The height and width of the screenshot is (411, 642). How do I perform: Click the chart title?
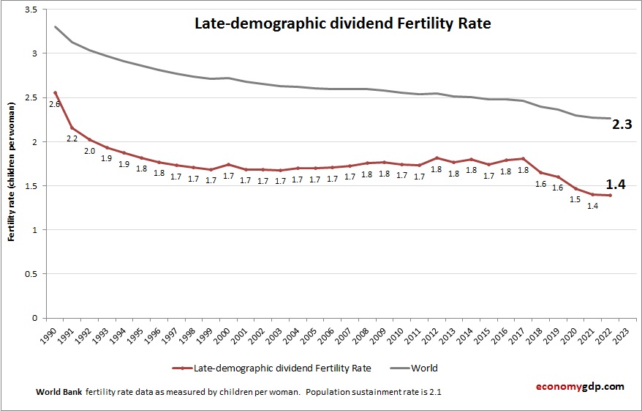[x=342, y=23]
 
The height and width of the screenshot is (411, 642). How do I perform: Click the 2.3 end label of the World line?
[x=621, y=125]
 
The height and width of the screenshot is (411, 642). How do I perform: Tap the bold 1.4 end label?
[x=616, y=184]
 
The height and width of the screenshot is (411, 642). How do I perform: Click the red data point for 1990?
[x=56, y=92]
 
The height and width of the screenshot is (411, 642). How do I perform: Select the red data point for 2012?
[x=437, y=158]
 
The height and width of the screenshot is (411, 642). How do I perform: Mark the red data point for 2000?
[x=229, y=165]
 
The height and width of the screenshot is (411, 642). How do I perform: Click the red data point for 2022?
[x=610, y=195]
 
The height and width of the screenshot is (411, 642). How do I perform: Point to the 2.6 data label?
[x=53, y=104]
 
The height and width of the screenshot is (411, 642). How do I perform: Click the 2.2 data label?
[x=72, y=138]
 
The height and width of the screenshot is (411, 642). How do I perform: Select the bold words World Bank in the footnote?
[x=58, y=392]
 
